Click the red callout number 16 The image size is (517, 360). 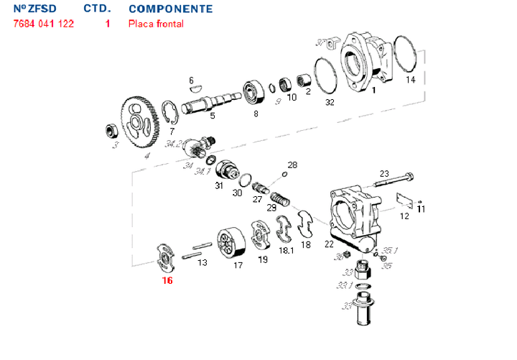167,280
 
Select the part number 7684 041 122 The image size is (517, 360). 44,24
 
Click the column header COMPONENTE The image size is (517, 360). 170,9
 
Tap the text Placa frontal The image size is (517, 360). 156,24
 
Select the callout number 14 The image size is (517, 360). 410,79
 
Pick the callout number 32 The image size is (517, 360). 330,103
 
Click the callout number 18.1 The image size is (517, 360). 286,251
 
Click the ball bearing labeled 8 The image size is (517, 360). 254,91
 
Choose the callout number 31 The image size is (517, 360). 219,186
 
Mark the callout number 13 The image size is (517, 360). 202,263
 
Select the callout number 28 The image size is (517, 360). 292,165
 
